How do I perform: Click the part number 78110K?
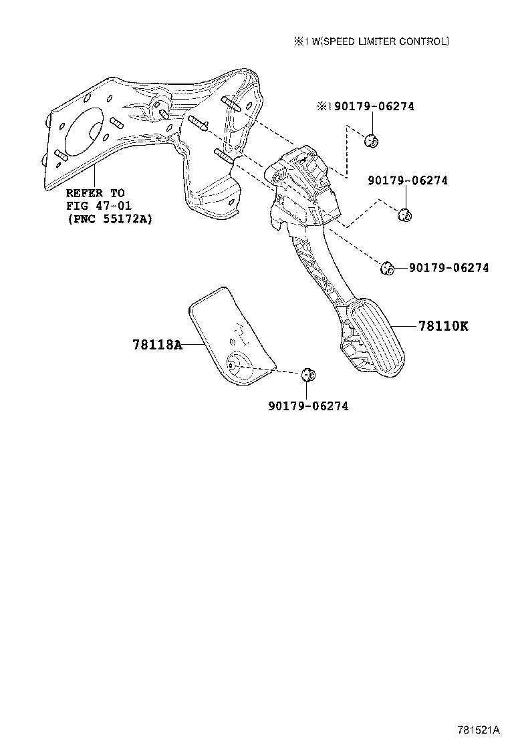[x=443, y=326]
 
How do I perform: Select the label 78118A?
[x=157, y=345]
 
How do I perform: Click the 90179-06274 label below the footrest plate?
[x=308, y=406]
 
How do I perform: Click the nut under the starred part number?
[x=372, y=140]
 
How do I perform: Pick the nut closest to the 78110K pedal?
[x=388, y=268]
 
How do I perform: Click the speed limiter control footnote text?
[x=372, y=41]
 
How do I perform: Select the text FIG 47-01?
[x=98, y=206]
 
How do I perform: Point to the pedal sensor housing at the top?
[x=303, y=185]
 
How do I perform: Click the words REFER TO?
[x=95, y=193]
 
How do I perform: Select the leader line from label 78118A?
[x=195, y=345]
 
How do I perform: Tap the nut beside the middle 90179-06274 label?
[x=404, y=214]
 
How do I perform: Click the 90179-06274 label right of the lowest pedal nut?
[x=449, y=268]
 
